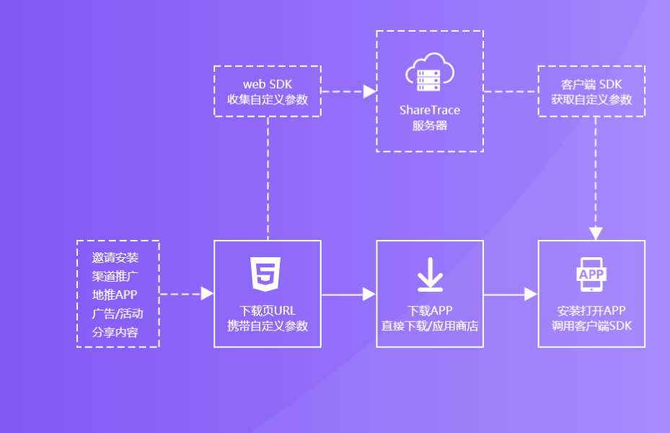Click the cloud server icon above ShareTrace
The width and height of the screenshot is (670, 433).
tap(430, 73)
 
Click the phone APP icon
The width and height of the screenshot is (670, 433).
tap(591, 274)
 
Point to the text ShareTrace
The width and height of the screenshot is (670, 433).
tap(430, 110)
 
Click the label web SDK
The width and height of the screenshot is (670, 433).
tap(268, 84)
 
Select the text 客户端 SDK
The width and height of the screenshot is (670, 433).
tap(591, 84)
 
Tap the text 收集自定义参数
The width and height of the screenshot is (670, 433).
tap(268, 99)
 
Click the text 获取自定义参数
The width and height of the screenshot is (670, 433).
tap(591, 99)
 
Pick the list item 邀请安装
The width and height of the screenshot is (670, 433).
tap(118, 257)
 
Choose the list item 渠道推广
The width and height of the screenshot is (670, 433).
tap(118, 276)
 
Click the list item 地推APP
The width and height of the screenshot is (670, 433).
tap(118, 295)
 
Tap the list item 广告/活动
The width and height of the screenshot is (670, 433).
tap(118, 313)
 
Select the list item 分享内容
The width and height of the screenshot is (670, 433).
tap(118, 332)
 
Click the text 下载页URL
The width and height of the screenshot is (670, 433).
tap(268, 311)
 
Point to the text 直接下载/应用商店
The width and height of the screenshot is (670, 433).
tap(430, 326)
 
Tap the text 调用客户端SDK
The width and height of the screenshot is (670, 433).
tap(591, 326)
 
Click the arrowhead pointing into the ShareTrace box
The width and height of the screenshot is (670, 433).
tap(369, 91)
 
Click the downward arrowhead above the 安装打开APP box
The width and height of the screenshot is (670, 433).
tap(595, 233)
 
